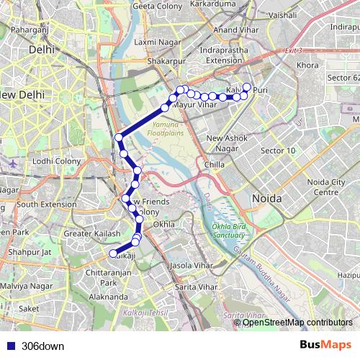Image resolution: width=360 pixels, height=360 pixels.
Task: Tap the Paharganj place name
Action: (30, 31)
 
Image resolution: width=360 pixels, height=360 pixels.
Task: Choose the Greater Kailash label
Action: (91, 233)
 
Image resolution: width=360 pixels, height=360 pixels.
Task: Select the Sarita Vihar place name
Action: (197, 286)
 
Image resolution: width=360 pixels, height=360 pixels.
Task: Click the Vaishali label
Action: (282, 14)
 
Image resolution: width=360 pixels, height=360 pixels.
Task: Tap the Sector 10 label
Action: (277, 150)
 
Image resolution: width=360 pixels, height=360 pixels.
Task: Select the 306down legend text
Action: (42, 346)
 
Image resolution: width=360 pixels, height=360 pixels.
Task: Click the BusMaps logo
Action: (325, 346)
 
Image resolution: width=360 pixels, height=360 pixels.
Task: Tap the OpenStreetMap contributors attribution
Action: (297, 323)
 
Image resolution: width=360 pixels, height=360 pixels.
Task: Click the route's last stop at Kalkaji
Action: (112, 253)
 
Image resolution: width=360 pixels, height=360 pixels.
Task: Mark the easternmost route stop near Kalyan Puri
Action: (247, 88)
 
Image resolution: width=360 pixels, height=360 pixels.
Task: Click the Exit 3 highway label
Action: (294, 51)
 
